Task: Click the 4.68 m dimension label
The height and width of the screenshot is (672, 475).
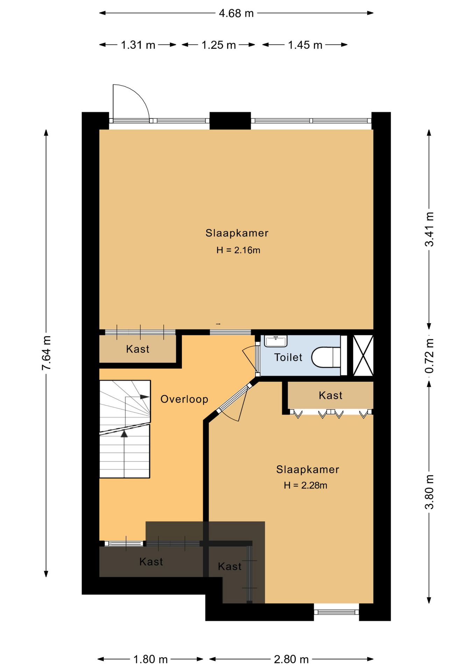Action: pos(236,13)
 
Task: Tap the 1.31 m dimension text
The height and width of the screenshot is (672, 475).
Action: pos(138,45)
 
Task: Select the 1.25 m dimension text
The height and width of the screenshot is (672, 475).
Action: pos(219,45)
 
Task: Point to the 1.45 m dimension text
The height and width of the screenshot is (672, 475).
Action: pos(305,45)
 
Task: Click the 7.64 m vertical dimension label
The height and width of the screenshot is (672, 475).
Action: pos(46,353)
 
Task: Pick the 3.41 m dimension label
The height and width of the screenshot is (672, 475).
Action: pos(429,229)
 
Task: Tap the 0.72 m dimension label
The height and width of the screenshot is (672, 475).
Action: pos(429,356)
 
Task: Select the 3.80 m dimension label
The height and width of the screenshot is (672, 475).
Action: pos(429,492)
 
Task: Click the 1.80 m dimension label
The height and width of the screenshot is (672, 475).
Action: pos(150,659)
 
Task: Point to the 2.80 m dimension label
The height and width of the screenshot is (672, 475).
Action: pos(291,659)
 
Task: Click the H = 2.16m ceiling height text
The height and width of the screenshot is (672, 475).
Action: pos(238,250)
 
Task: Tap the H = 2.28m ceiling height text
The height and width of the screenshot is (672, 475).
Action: pos(305,485)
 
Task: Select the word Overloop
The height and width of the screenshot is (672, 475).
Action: pos(184,399)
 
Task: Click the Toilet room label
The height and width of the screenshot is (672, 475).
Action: pos(288,357)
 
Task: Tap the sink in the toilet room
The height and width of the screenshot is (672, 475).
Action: pos(276,341)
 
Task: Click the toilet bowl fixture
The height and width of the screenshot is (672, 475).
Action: pos(326,357)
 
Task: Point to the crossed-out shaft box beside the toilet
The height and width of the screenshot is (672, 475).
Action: pos(363,356)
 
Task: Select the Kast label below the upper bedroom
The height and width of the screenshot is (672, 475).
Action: pos(138,349)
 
